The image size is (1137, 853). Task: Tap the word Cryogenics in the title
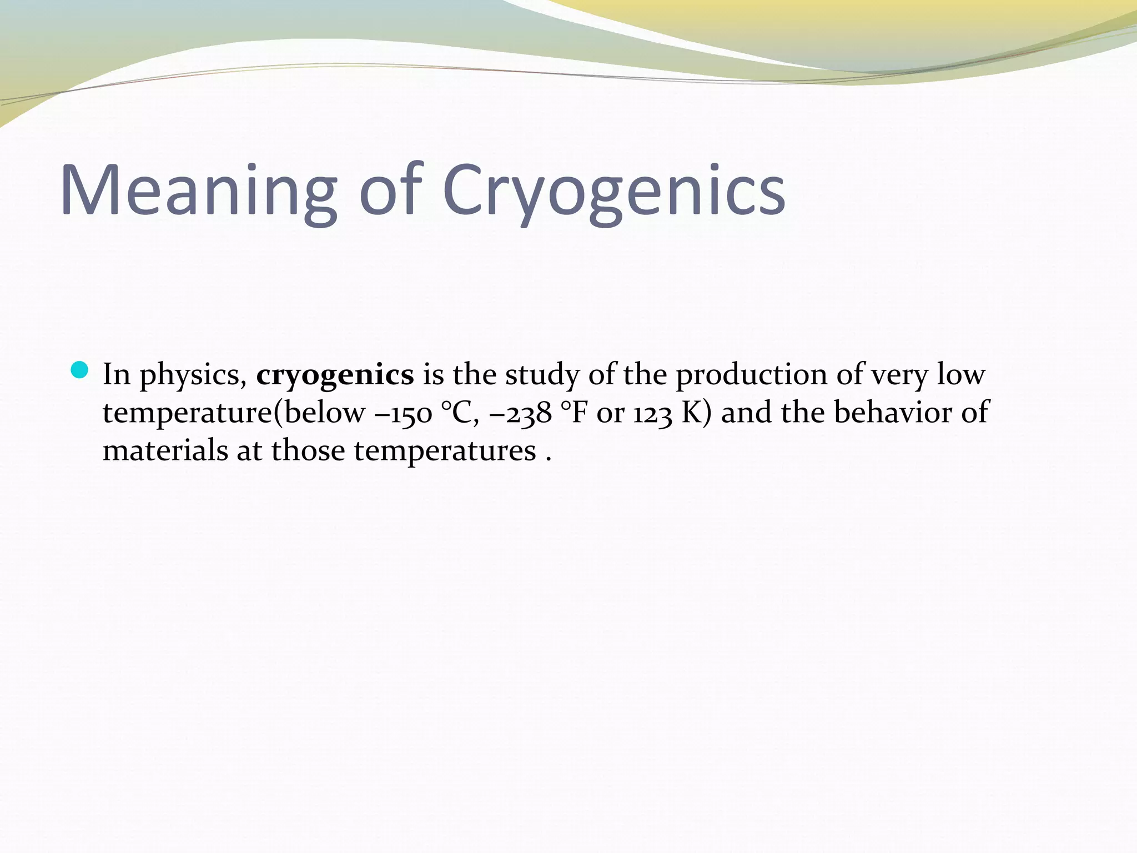pos(613,190)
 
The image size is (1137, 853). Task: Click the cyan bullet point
pos(80,370)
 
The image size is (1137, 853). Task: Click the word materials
pos(165,450)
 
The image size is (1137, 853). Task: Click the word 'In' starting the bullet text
pos(116,374)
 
